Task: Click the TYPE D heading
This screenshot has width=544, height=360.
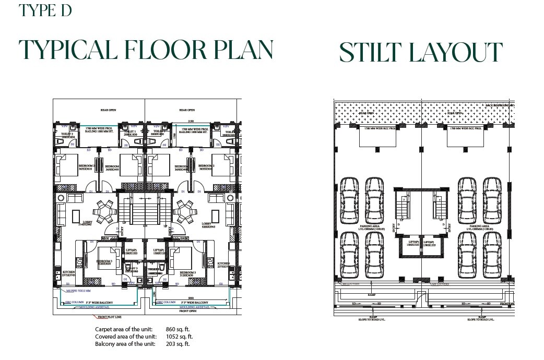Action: click(x=45, y=11)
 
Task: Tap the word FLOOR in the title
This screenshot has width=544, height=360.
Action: click(x=165, y=50)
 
